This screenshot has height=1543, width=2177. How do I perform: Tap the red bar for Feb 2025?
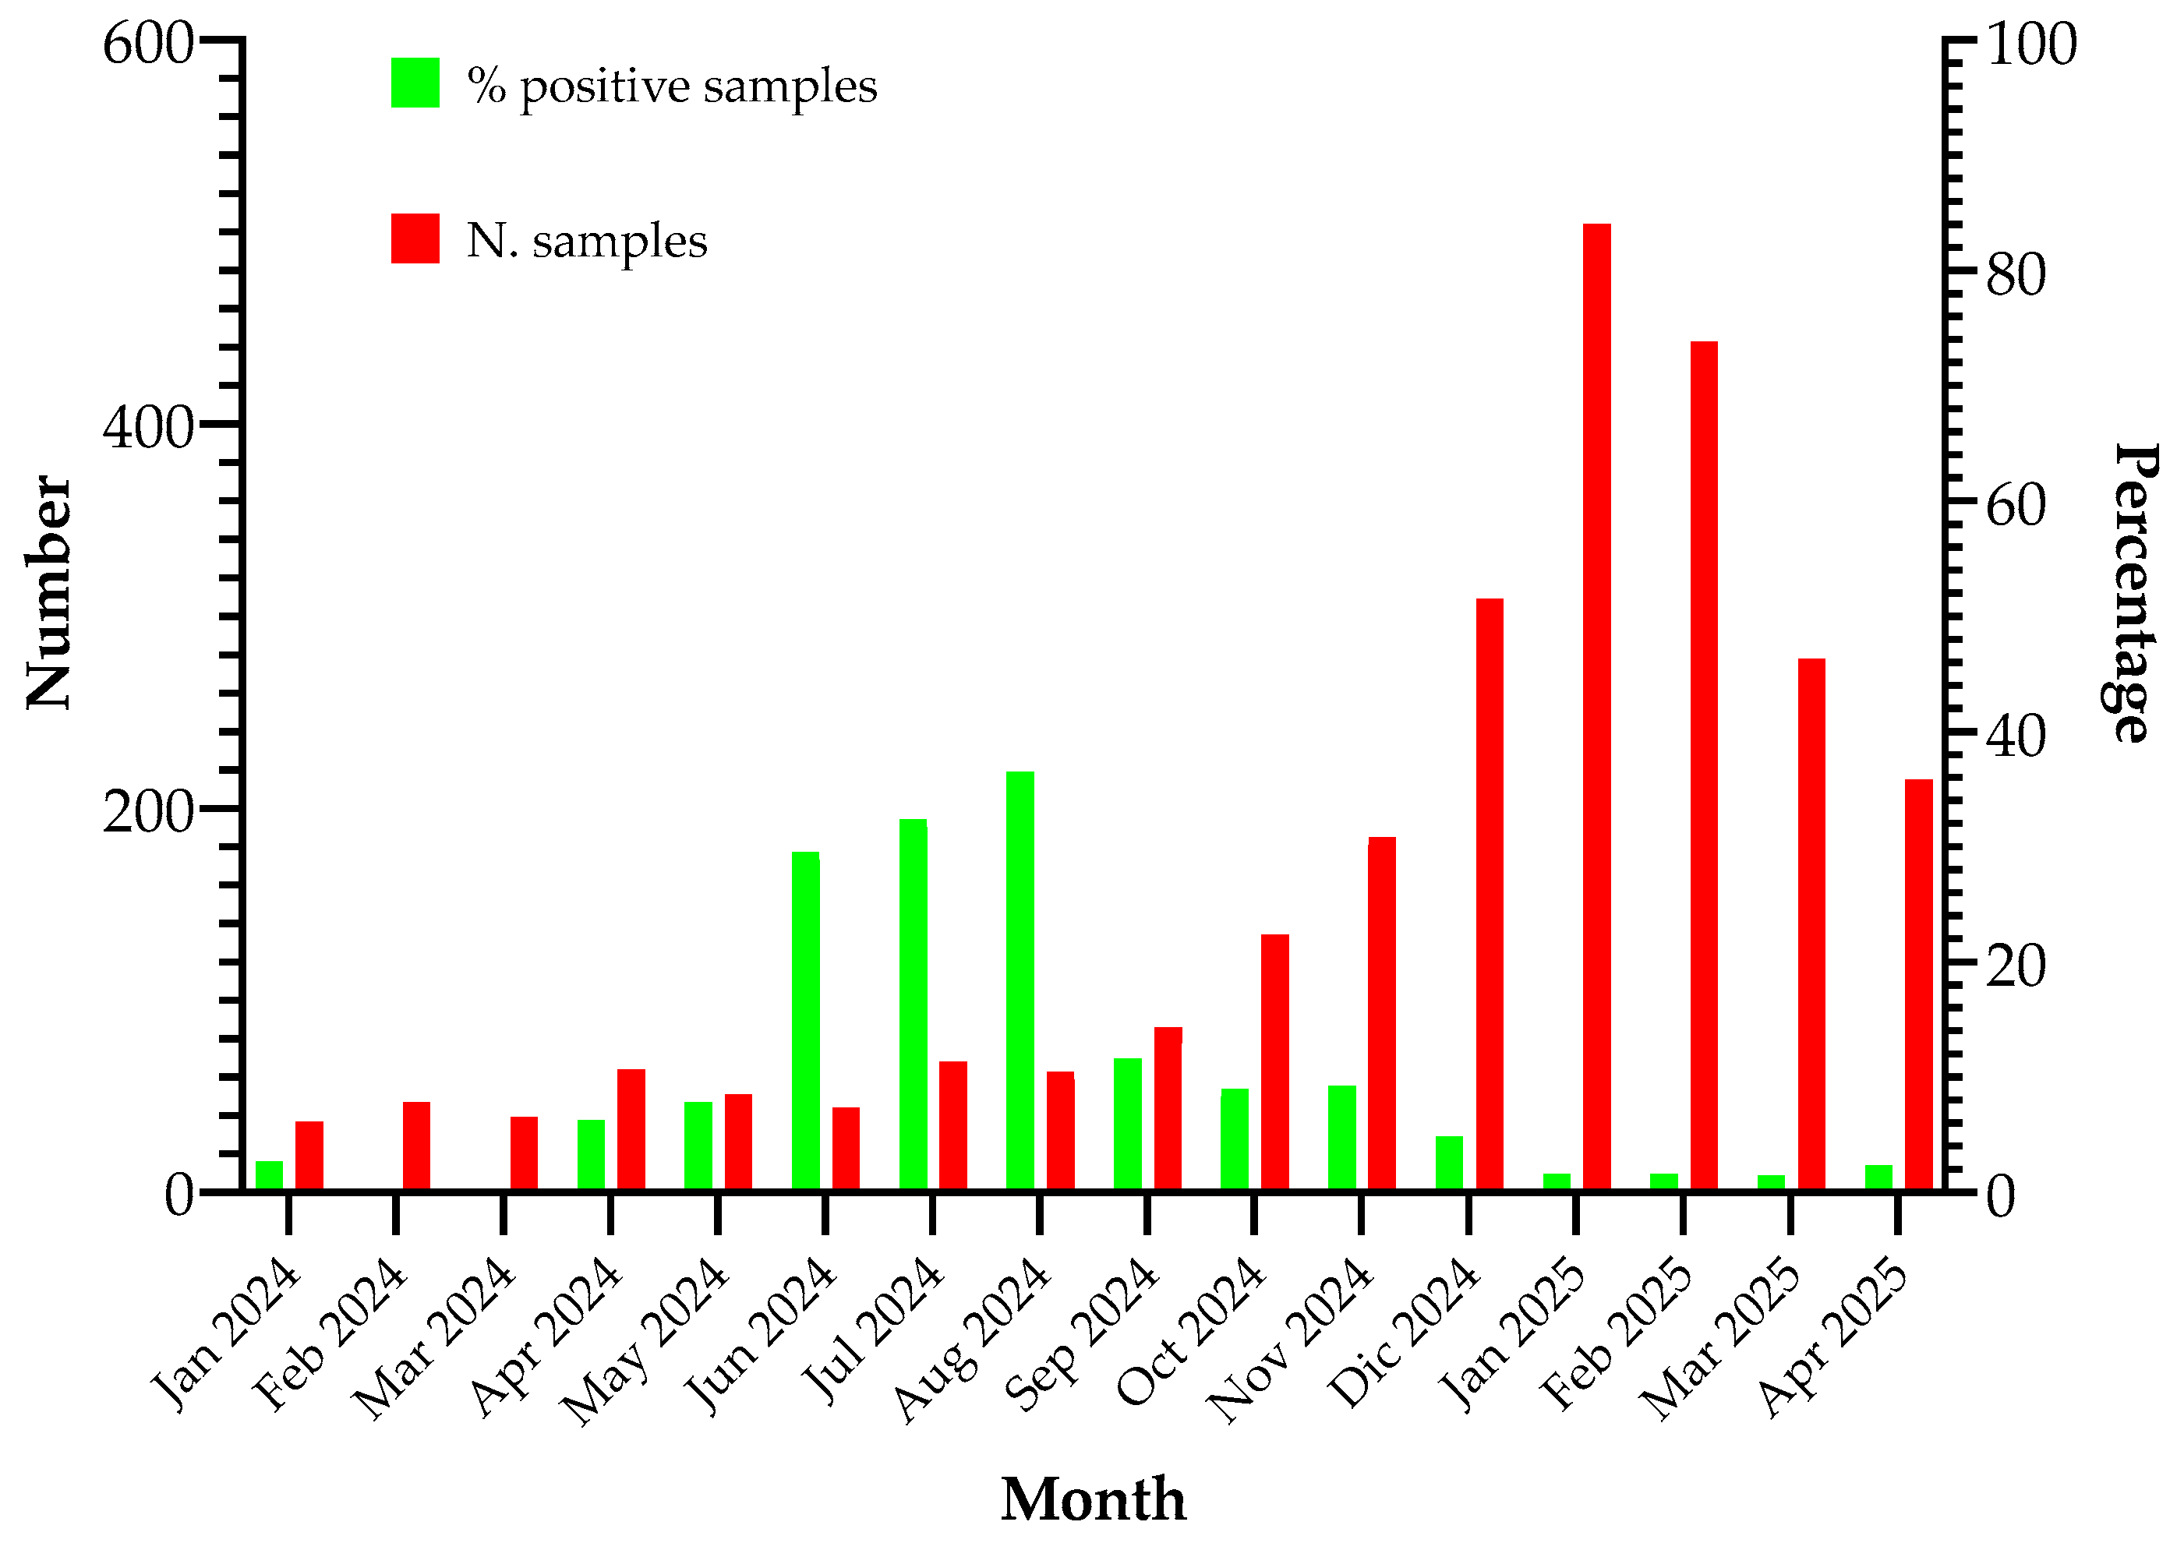1704,764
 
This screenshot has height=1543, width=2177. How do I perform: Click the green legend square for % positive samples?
415,83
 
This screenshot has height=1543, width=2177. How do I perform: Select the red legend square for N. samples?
415,238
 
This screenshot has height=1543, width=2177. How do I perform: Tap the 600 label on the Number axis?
148,44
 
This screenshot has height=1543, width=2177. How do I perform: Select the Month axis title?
1093,1499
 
